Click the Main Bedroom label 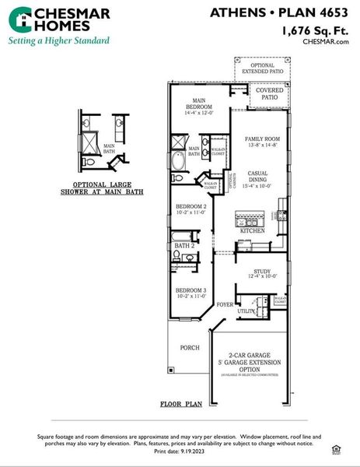[200, 104]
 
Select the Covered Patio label [269, 94]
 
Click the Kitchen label [253, 231]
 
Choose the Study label [260, 272]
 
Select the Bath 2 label [183, 246]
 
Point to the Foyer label [225, 304]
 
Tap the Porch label [190, 347]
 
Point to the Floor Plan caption [181, 404]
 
